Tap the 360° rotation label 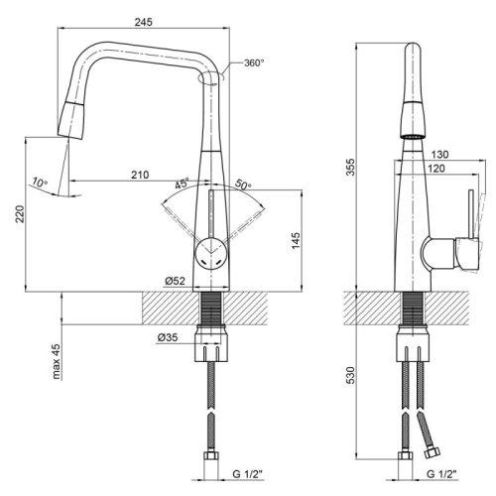click(x=253, y=63)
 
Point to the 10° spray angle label click(x=38, y=182)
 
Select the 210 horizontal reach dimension click(x=139, y=175)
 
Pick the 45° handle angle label click(x=183, y=185)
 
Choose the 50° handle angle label click(x=244, y=186)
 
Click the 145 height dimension click(x=298, y=241)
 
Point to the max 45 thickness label click(x=58, y=361)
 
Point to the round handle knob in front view click(x=211, y=252)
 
